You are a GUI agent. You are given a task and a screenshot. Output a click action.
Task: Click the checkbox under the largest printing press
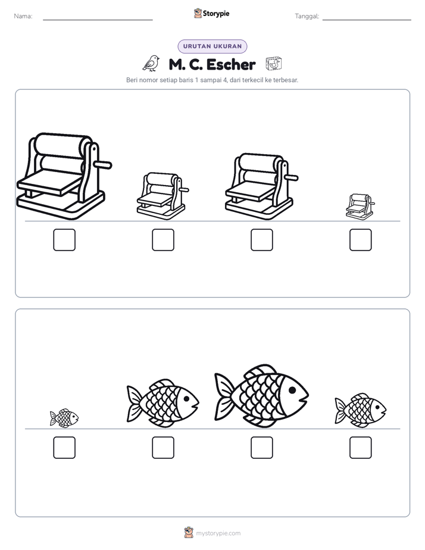click(64, 240)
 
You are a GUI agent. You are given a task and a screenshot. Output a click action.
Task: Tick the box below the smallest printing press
click(361, 240)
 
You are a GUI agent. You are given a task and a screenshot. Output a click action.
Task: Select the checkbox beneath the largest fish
click(262, 448)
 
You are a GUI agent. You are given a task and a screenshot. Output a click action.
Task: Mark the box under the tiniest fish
click(64, 448)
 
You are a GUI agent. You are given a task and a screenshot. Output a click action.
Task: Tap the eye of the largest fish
click(292, 390)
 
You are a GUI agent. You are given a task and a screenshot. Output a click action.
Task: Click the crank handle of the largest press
click(103, 164)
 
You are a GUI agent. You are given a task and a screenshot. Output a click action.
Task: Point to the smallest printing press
click(360, 207)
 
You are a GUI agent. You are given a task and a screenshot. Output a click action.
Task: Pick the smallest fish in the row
click(64, 418)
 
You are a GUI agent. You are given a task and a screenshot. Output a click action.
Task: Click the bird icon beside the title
click(151, 63)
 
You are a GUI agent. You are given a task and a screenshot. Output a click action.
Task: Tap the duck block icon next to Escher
click(274, 64)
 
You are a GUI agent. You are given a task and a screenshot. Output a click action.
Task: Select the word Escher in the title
click(231, 64)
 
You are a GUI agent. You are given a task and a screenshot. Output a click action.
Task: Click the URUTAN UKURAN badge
click(212, 46)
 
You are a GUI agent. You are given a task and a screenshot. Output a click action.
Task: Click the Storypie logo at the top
click(211, 13)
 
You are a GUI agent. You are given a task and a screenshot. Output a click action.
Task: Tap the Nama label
click(23, 16)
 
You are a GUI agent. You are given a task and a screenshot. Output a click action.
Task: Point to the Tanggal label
click(307, 16)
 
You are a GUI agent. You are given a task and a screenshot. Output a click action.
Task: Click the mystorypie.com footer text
click(218, 533)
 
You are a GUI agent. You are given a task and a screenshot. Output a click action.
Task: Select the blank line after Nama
click(98, 20)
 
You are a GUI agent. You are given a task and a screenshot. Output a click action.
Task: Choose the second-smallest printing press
click(162, 196)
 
